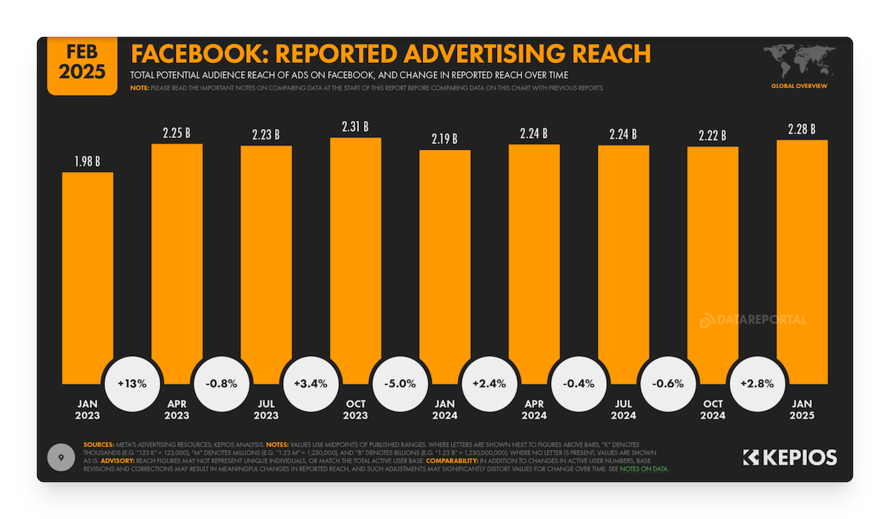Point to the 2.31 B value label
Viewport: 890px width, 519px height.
(355, 128)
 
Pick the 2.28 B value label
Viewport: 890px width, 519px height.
(802, 130)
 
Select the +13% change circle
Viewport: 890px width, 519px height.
(132, 384)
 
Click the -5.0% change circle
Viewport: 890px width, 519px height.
(400, 384)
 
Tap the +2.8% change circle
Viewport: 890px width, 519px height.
(757, 384)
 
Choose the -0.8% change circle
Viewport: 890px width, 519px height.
(221, 384)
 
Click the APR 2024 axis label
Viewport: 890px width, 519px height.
(534, 409)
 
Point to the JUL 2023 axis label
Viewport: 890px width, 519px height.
(266, 409)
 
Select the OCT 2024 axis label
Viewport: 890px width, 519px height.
(713, 409)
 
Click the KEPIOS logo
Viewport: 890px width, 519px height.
(790, 457)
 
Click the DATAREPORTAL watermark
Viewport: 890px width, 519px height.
(753, 320)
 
